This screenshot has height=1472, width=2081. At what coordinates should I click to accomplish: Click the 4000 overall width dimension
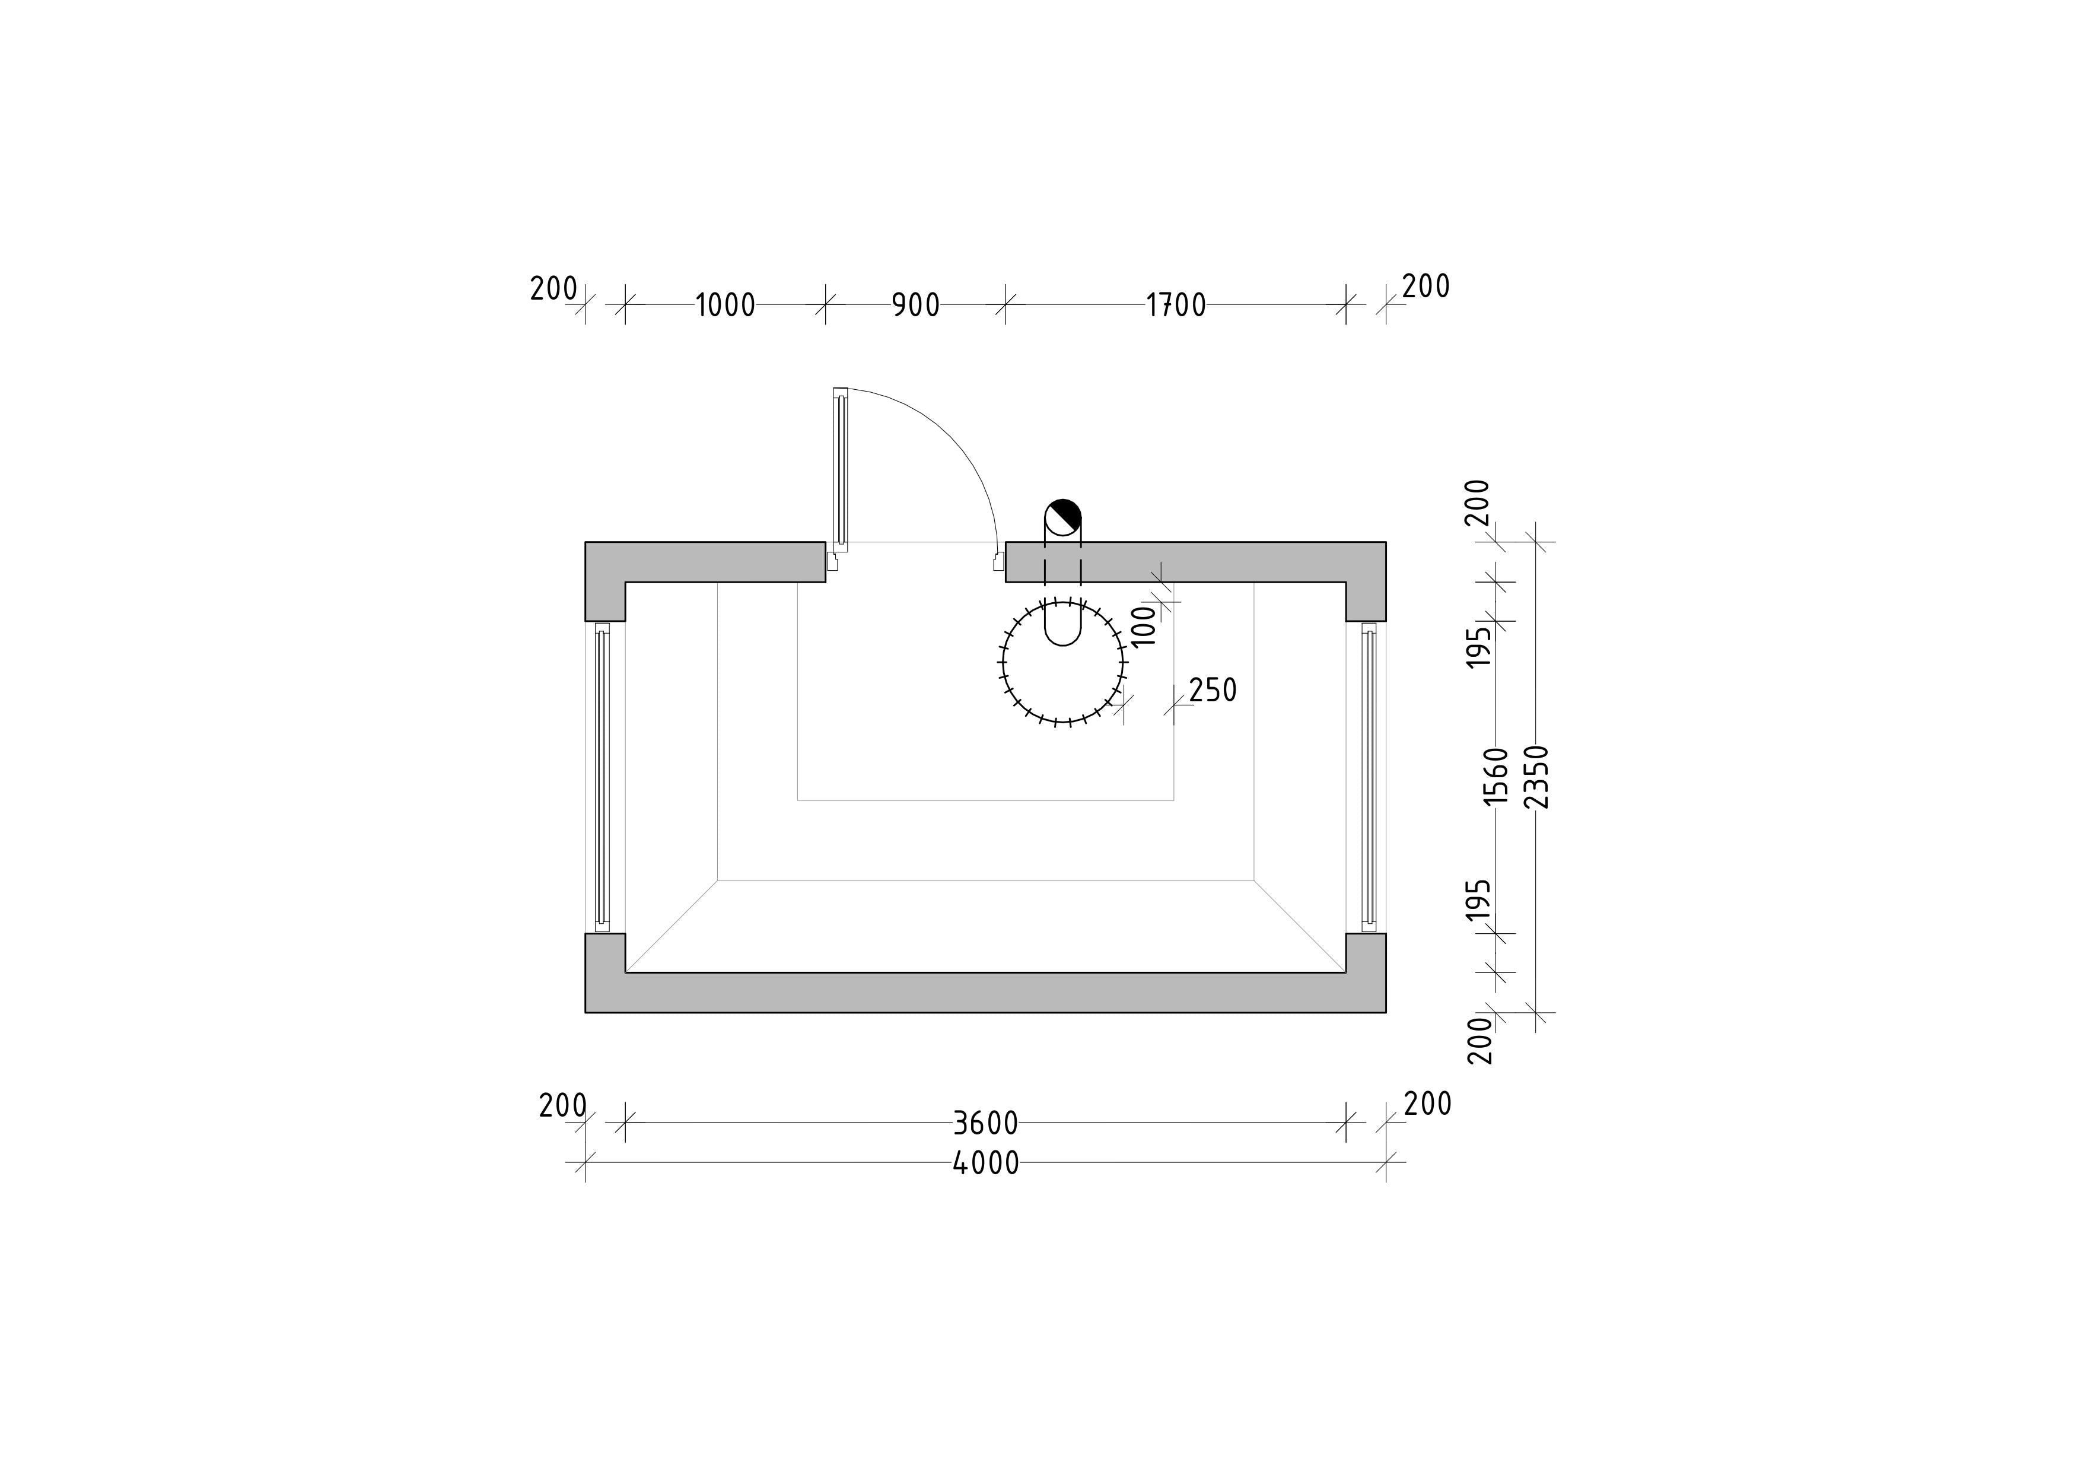[x=986, y=1163]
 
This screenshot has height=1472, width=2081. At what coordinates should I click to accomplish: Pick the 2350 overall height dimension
[x=1537, y=776]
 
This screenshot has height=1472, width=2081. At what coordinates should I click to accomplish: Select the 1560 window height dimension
[x=1495, y=776]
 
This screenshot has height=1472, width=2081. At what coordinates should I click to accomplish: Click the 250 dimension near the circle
[x=1213, y=691]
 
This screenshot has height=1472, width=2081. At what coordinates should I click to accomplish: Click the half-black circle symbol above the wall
[x=1062, y=517]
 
